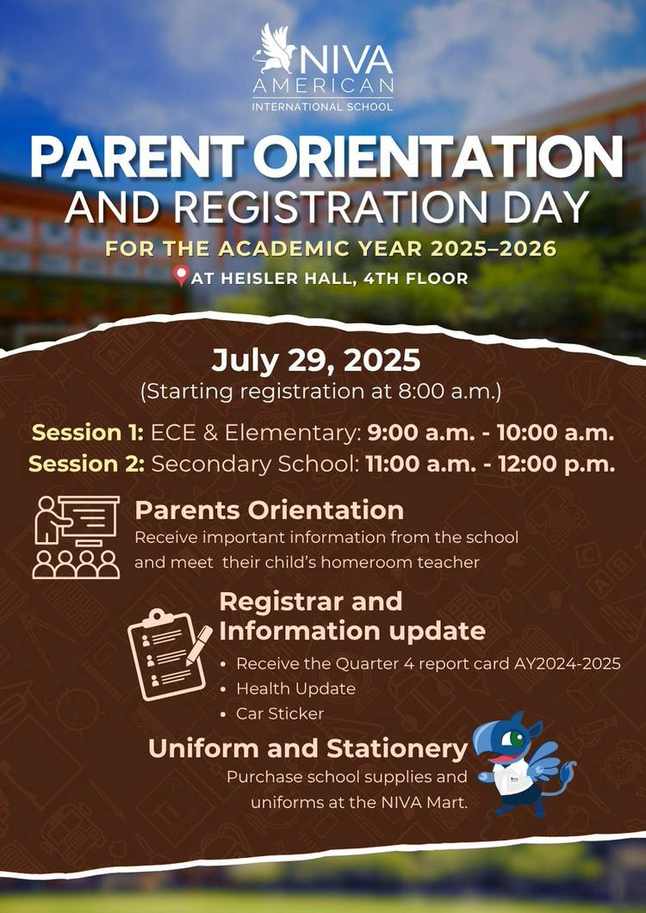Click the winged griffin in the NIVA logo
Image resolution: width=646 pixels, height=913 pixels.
[274, 49]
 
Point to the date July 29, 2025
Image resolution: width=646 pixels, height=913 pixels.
[315, 361]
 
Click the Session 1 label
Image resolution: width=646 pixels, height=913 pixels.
[87, 433]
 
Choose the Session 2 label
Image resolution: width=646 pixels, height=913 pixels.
[86, 464]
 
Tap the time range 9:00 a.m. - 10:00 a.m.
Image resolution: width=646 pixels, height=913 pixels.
[490, 433]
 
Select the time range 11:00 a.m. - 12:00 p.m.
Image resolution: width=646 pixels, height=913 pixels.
[490, 464]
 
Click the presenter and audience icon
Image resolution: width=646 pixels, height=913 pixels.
[76, 537]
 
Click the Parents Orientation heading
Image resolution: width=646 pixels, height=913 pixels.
[269, 510]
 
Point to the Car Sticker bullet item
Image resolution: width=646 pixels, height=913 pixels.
[280, 713]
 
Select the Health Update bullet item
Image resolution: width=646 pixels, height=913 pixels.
[295, 688]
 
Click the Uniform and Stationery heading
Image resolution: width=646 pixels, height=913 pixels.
[307, 749]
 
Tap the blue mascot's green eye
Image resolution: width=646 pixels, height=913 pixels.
[516, 739]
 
